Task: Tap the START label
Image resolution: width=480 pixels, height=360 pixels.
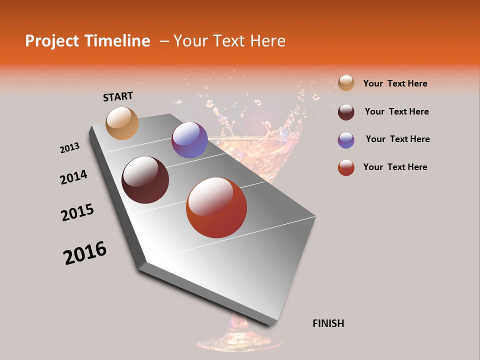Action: pyautogui.click(x=118, y=96)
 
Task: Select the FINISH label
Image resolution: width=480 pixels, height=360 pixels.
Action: pyautogui.click(x=328, y=323)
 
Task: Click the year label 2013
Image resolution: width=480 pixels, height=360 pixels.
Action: pyautogui.click(x=69, y=148)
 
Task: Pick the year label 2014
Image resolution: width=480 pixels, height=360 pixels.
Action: pyautogui.click(x=73, y=177)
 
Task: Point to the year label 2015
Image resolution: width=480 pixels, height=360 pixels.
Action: pyautogui.click(x=77, y=212)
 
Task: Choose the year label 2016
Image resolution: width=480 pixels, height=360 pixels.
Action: pyautogui.click(x=85, y=253)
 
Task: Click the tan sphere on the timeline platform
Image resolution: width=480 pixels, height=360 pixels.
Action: pyautogui.click(x=122, y=123)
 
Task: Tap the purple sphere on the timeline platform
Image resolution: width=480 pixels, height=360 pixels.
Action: pyautogui.click(x=189, y=140)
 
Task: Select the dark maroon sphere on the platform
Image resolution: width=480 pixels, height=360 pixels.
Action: pyautogui.click(x=145, y=180)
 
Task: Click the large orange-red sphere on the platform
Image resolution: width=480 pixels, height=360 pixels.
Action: pyautogui.click(x=216, y=207)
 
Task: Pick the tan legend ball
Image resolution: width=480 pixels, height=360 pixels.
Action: pyautogui.click(x=346, y=83)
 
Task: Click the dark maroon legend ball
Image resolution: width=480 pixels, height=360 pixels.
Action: pyautogui.click(x=346, y=112)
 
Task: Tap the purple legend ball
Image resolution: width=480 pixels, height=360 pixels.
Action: pyautogui.click(x=346, y=140)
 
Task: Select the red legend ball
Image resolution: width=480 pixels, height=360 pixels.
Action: pyautogui.click(x=346, y=167)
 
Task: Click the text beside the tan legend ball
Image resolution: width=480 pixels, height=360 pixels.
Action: pyautogui.click(x=395, y=83)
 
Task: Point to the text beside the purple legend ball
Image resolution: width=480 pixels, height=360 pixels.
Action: pyautogui.click(x=397, y=139)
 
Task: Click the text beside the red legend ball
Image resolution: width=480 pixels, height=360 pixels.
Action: pyautogui.click(x=395, y=167)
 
